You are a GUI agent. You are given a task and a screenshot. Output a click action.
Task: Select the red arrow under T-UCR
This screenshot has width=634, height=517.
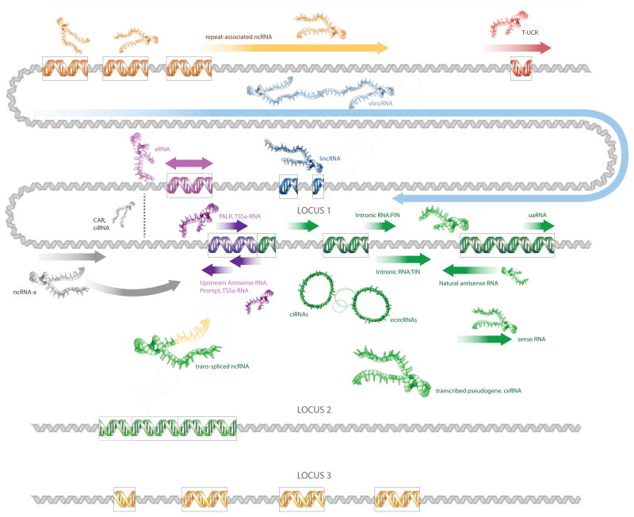(518, 48)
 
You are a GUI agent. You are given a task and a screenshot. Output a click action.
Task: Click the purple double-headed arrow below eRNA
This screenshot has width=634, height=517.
(189, 163)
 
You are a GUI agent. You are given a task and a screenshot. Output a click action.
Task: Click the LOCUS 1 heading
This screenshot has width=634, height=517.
(315, 211)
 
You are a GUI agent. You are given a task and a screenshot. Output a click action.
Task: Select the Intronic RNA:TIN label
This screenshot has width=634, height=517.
(402, 272)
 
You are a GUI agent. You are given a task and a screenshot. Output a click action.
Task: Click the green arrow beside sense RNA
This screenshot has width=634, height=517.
(483, 339)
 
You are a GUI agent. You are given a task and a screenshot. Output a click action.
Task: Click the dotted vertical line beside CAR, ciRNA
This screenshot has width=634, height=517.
(145, 215)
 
